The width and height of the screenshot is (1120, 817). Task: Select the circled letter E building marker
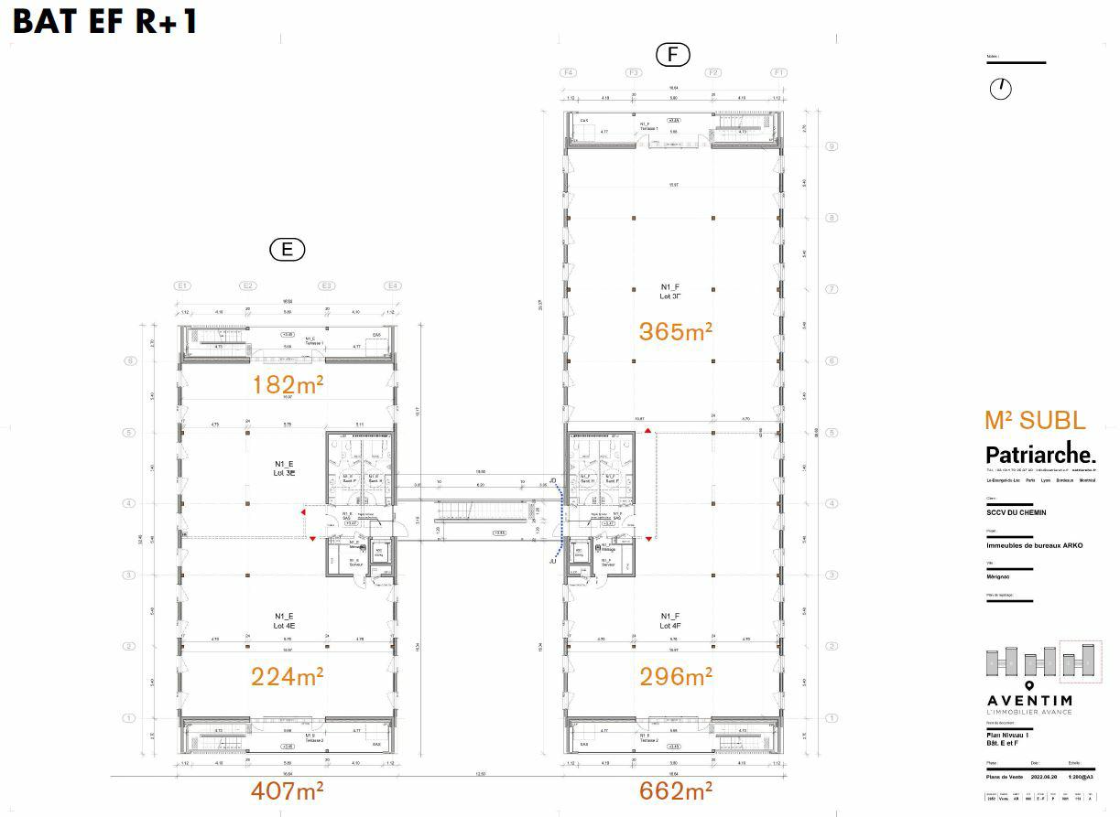point(287,249)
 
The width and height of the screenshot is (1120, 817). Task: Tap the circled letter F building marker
point(672,55)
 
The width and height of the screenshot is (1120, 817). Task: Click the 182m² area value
point(288,385)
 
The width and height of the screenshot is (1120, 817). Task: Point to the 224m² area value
point(287,677)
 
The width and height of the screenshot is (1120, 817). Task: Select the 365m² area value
point(675,331)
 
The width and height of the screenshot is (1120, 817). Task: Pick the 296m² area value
point(675,677)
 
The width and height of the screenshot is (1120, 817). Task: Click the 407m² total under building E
point(287,790)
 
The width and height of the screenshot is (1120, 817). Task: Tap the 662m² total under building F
point(675,790)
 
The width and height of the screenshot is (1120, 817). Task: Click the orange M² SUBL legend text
point(1035,421)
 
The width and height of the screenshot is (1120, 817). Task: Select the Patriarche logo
point(1039,454)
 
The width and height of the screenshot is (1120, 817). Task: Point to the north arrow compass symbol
point(1001,89)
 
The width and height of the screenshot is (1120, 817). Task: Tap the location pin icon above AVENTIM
point(1028,685)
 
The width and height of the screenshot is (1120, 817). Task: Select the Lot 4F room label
point(669,621)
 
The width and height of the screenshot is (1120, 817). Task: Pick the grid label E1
point(182,285)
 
